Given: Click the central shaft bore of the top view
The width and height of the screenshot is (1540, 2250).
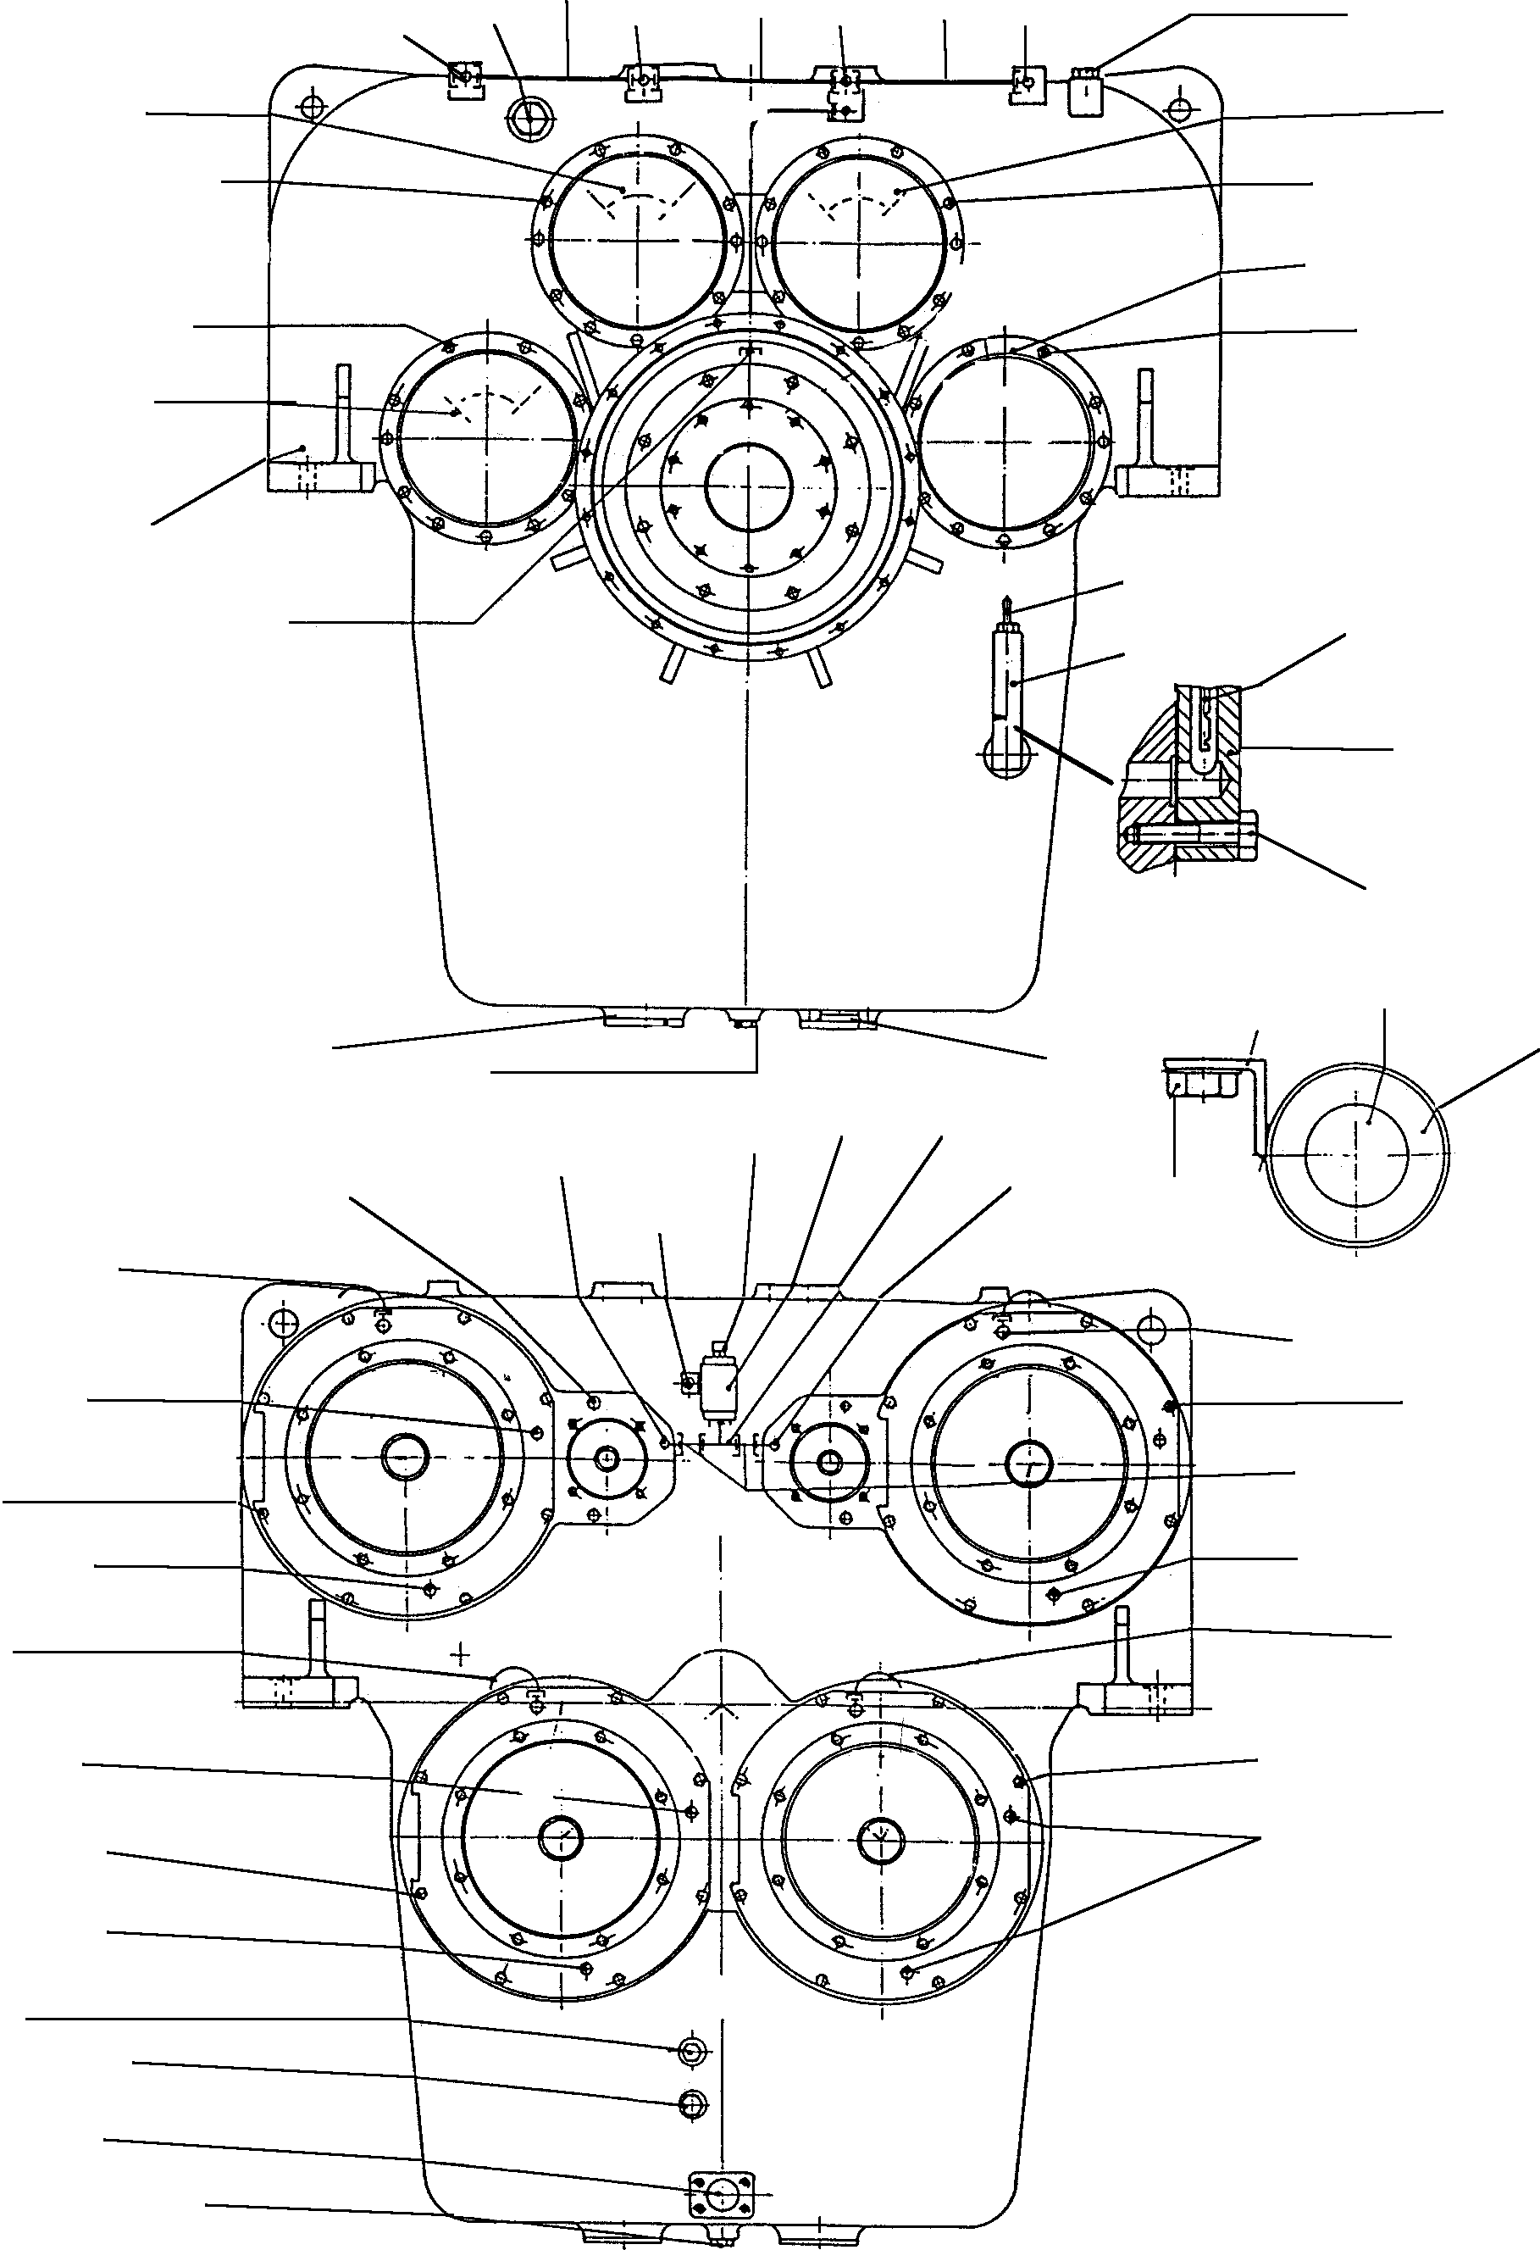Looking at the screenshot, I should click(x=748, y=485).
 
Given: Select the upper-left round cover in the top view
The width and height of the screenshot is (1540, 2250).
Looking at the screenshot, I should click(x=637, y=240).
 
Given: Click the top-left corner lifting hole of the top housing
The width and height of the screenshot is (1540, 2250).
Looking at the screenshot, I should click(x=310, y=104).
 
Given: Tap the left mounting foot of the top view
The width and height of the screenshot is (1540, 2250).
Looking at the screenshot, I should click(x=319, y=475).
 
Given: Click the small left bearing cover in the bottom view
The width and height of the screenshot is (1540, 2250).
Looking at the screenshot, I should click(x=607, y=1458).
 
